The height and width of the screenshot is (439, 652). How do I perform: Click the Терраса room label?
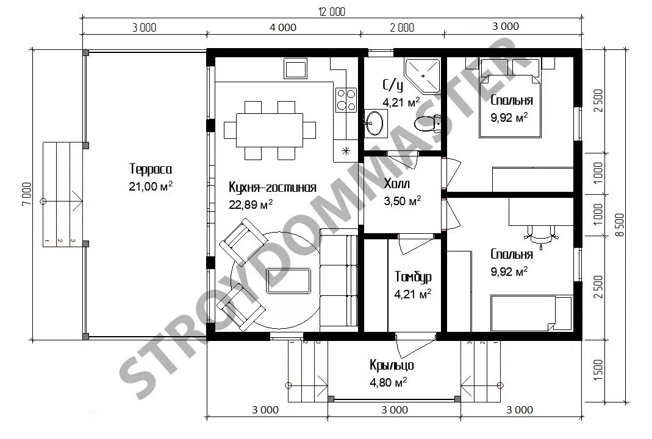click(x=151, y=169)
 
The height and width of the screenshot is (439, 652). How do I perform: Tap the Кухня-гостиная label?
click(x=273, y=188)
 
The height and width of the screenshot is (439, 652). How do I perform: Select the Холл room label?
click(x=396, y=183)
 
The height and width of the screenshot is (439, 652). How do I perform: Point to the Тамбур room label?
click(x=413, y=276)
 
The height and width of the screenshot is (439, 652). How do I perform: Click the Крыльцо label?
click(x=392, y=365)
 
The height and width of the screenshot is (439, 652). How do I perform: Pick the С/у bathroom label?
click(x=393, y=85)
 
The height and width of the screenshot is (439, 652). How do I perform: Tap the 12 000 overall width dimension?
click(x=332, y=12)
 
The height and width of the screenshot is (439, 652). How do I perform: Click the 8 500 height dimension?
click(x=620, y=225)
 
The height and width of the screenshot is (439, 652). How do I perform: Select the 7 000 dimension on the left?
click(x=26, y=194)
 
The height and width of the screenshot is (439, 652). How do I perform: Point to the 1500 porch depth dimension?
click(x=598, y=371)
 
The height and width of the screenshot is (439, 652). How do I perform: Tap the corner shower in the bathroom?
click(x=423, y=76)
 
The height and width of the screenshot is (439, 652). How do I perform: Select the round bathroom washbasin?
click(x=375, y=123)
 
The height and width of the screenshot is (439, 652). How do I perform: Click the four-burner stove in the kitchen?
click(x=346, y=100)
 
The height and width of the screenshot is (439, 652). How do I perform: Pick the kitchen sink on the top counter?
click(x=296, y=68)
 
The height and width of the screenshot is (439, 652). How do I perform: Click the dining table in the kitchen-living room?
click(x=270, y=130)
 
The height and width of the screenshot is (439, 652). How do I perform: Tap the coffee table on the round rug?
click(x=289, y=281)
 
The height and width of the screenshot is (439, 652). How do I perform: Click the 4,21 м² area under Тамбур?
click(x=413, y=294)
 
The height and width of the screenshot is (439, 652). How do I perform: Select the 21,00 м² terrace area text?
click(x=151, y=186)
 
